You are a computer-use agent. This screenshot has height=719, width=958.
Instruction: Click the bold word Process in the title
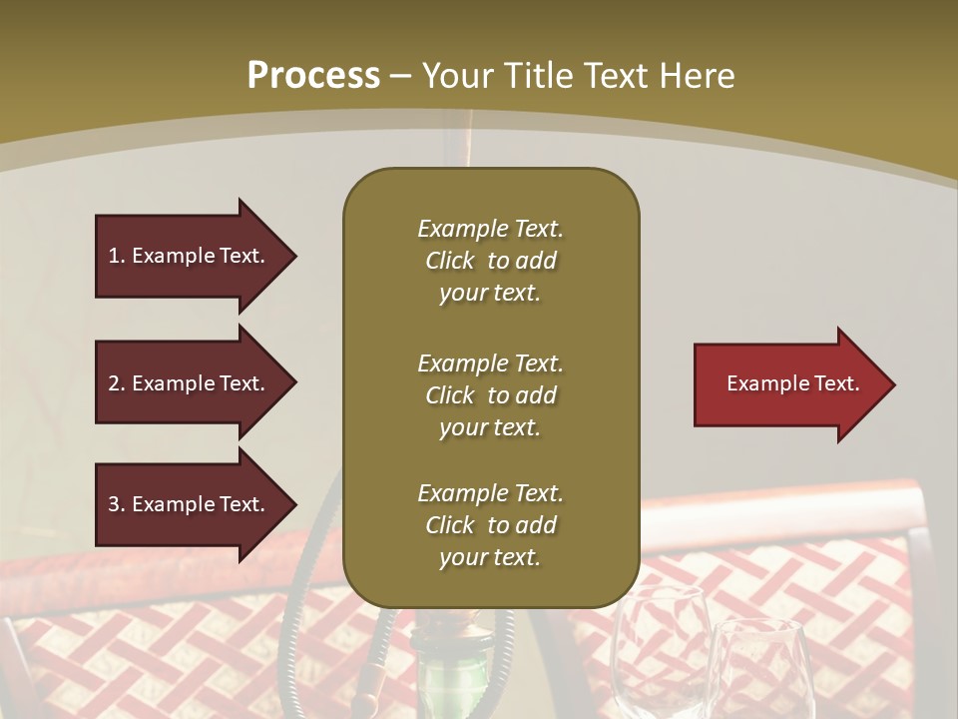click(x=313, y=76)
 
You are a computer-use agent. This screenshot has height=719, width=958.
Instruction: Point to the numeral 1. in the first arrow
click(x=117, y=256)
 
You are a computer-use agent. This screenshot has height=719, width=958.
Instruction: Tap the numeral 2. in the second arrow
click(x=117, y=383)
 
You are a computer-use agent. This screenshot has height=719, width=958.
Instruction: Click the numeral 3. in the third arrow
click(x=117, y=504)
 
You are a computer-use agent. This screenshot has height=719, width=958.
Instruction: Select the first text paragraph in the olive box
click(x=490, y=261)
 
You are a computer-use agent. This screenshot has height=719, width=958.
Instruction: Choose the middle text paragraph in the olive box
click(x=490, y=395)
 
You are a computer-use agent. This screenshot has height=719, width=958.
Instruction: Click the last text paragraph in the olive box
click(x=490, y=525)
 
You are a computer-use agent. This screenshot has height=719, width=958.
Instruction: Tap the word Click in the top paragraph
click(x=449, y=261)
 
